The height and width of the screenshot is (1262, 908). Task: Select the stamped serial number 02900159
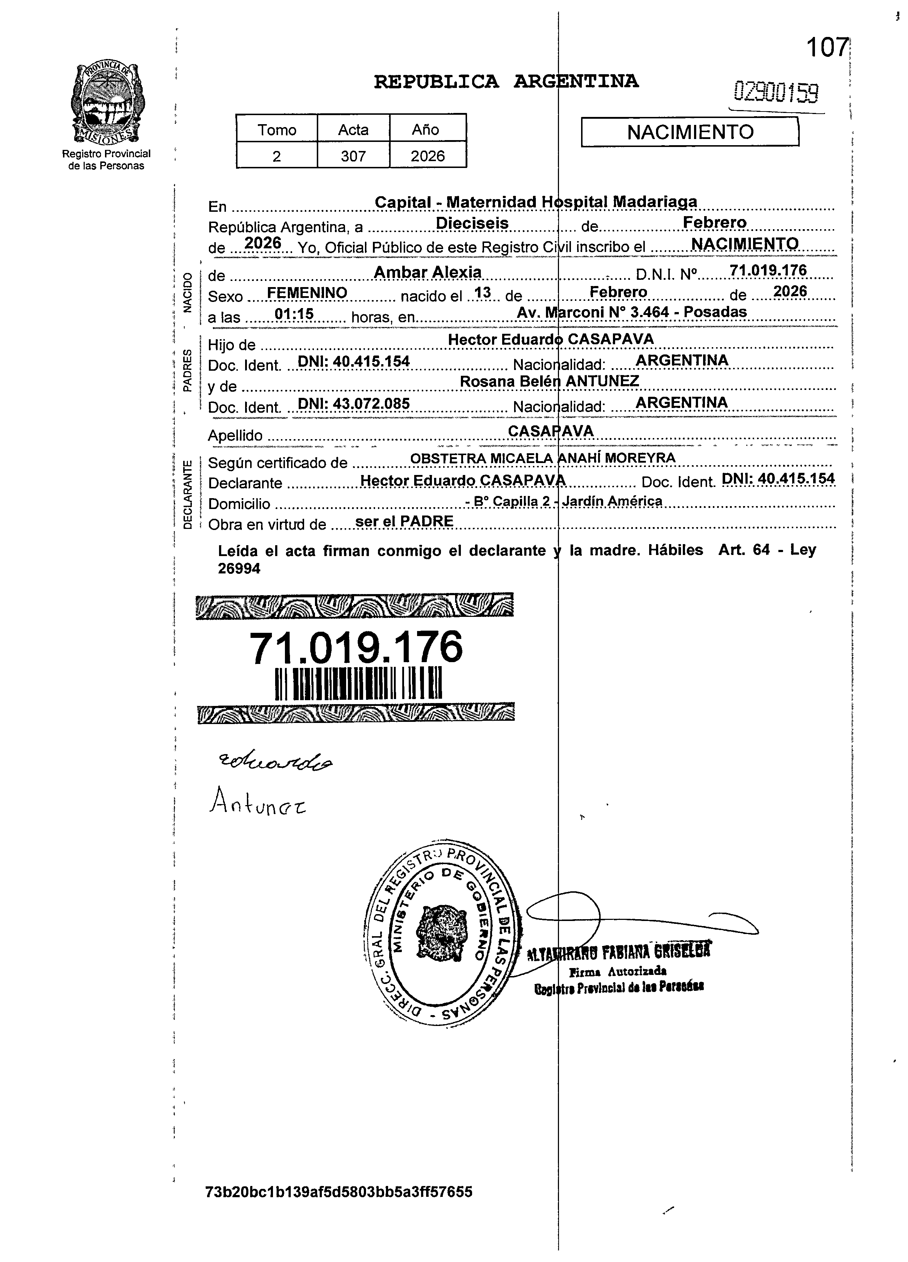click(777, 92)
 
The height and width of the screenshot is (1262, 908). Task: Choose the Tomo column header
click(277, 130)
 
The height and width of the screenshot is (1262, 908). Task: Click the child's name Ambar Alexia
click(427, 272)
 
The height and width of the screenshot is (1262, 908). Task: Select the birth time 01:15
click(294, 314)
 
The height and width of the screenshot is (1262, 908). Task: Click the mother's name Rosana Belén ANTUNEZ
click(549, 381)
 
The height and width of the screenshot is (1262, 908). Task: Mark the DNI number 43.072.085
click(354, 403)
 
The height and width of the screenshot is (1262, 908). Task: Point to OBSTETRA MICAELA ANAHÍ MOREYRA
click(542, 458)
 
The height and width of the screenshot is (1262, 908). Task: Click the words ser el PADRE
click(404, 521)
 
